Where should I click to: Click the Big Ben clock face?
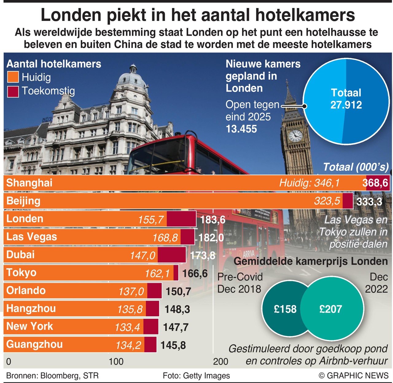(x=295, y=135)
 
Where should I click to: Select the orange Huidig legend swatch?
(x=13, y=77)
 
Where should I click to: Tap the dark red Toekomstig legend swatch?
(x=13, y=91)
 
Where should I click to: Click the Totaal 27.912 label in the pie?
(x=346, y=99)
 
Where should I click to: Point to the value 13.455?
(x=241, y=129)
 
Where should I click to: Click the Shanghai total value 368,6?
(x=375, y=183)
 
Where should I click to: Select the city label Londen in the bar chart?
(x=25, y=219)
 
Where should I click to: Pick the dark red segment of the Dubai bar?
(x=172, y=255)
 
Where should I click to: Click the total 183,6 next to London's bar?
(x=212, y=220)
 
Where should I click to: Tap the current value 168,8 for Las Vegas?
(x=165, y=238)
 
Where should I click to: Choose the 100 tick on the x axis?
(x=116, y=361)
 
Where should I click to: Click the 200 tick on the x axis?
(x=220, y=361)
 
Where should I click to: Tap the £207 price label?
(x=331, y=309)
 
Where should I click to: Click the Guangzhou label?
(x=34, y=344)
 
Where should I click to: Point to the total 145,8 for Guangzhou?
(x=173, y=345)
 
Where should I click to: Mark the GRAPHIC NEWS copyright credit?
(x=354, y=376)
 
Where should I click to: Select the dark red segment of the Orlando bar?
(x=154, y=291)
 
